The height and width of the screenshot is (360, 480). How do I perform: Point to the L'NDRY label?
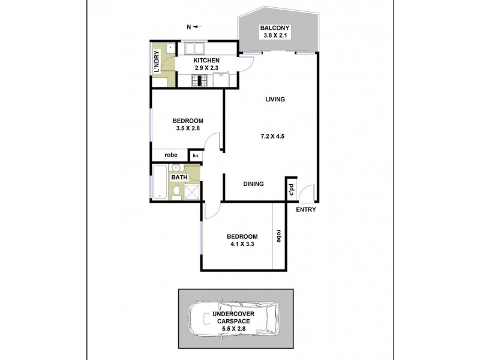point(157,64)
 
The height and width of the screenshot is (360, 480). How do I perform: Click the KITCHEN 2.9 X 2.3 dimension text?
point(206,68)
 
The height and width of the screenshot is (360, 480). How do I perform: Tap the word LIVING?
point(274,100)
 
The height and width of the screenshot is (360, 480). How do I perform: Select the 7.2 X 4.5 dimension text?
point(271,136)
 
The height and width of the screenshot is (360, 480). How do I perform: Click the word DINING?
point(253,184)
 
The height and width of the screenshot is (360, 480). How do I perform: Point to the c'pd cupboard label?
point(291,188)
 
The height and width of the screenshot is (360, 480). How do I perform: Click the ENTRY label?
point(306,209)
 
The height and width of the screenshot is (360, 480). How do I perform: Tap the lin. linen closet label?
point(195,156)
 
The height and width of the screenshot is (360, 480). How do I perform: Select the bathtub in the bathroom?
point(158,182)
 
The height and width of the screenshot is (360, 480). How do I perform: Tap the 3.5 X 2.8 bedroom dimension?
point(184,128)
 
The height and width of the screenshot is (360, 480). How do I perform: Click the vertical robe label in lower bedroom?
point(278,235)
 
